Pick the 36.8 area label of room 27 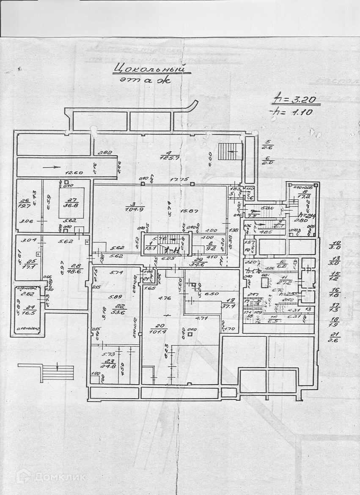tap(71, 206)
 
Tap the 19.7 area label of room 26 tap(25, 206)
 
